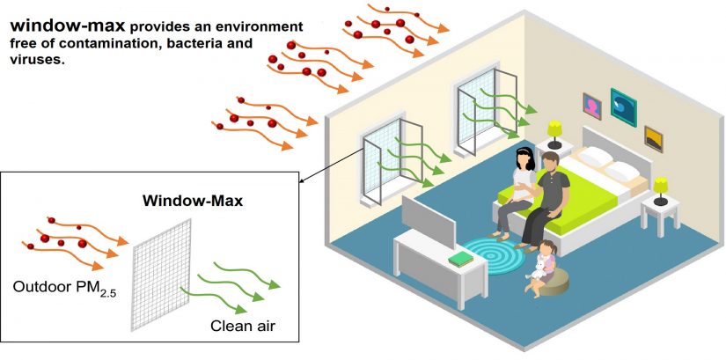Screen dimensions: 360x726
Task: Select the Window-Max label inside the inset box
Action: (x=193, y=202)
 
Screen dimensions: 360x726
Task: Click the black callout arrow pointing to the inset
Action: (x=330, y=165)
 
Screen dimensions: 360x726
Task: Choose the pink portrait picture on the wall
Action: (x=591, y=107)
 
